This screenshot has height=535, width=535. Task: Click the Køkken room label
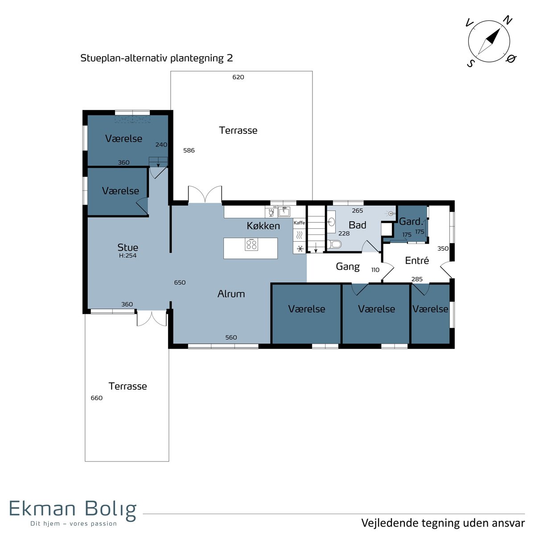[263, 226]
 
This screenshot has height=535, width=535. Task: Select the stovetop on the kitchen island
[251, 244]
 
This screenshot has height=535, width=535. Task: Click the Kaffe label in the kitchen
[299, 222]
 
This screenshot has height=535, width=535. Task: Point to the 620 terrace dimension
[238, 77]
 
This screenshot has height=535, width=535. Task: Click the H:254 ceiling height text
[128, 255]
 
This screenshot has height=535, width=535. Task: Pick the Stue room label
[128, 247]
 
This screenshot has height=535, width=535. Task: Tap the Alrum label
[231, 294]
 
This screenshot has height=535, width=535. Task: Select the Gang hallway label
[348, 267]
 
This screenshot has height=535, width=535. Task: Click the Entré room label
[417, 260]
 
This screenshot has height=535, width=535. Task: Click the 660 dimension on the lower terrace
[97, 398]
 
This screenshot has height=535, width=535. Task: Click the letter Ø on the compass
[511, 58]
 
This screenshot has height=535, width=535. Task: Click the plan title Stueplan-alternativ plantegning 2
[156, 58]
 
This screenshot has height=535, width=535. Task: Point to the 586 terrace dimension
[189, 150]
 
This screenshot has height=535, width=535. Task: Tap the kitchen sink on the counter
[284, 212]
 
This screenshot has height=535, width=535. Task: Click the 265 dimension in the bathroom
[357, 210]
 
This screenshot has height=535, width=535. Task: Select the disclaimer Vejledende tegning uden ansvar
[443, 523]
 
